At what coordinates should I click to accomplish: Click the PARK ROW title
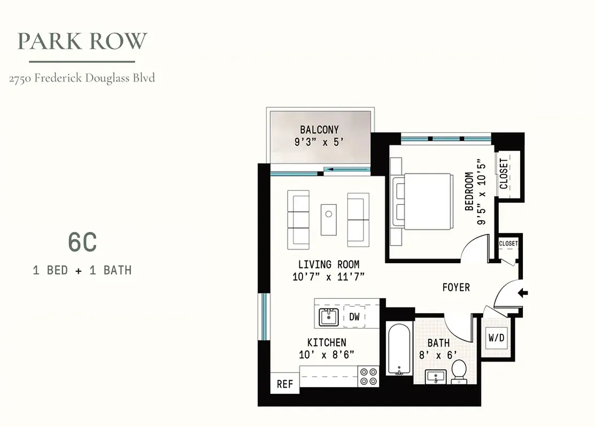click(x=82, y=42)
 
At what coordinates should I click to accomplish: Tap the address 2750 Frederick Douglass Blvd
click(x=82, y=78)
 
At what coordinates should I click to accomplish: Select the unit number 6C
click(x=82, y=243)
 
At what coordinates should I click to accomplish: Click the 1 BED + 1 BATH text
click(x=82, y=270)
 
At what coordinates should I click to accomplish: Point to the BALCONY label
click(x=319, y=130)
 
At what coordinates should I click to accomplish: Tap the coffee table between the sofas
click(x=329, y=219)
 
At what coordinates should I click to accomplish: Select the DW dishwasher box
click(x=354, y=317)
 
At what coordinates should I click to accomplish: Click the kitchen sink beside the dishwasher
click(x=328, y=317)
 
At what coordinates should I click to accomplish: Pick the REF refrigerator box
click(x=284, y=384)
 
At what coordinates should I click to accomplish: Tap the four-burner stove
click(x=368, y=377)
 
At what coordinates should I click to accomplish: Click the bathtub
click(x=399, y=349)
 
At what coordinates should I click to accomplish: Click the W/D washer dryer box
click(x=495, y=337)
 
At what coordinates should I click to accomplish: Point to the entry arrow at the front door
click(x=523, y=292)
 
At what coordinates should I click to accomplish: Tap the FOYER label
click(x=456, y=287)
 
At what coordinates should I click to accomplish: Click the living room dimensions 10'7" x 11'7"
click(x=328, y=276)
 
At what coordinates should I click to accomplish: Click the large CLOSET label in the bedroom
click(x=504, y=173)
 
